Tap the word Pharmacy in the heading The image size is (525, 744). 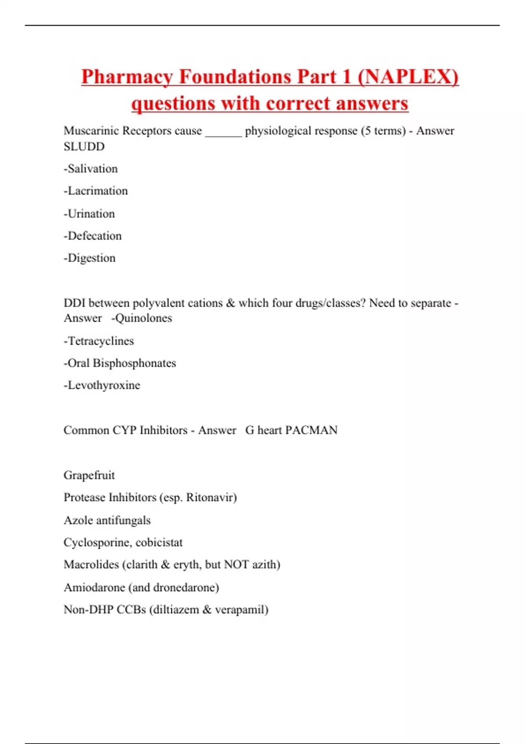click(126, 77)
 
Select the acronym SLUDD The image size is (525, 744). click(84, 147)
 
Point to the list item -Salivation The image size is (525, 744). click(91, 169)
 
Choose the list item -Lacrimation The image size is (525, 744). click(96, 191)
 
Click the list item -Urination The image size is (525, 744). click(89, 214)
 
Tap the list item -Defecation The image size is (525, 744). click(93, 236)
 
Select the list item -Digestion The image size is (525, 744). click(90, 258)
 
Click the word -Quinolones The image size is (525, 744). click(142, 318)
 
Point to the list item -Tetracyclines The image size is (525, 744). click(99, 341)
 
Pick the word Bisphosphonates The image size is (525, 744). click(134, 363)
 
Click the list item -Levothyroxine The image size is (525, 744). click(102, 385)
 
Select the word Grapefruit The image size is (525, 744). click(89, 475)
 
